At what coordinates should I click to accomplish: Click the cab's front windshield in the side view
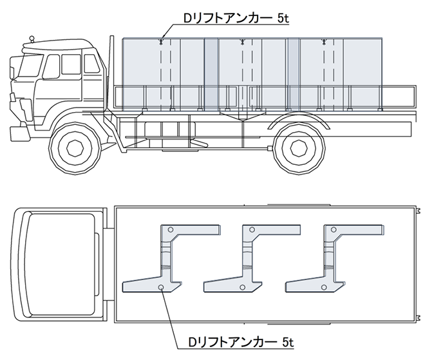[x=28, y=66]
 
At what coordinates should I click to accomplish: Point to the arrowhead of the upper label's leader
[x=164, y=37]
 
